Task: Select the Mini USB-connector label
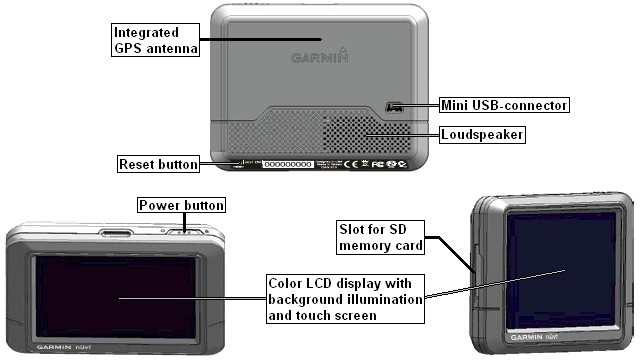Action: coord(504,104)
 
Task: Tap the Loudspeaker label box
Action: coord(483,133)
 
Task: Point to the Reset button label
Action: coord(158,163)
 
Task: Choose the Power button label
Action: coord(181,205)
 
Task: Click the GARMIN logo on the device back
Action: coord(320,57)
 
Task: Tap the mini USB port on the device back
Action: coord(393,106)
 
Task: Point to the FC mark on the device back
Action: coord(378,163)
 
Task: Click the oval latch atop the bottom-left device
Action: coord(116,235)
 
